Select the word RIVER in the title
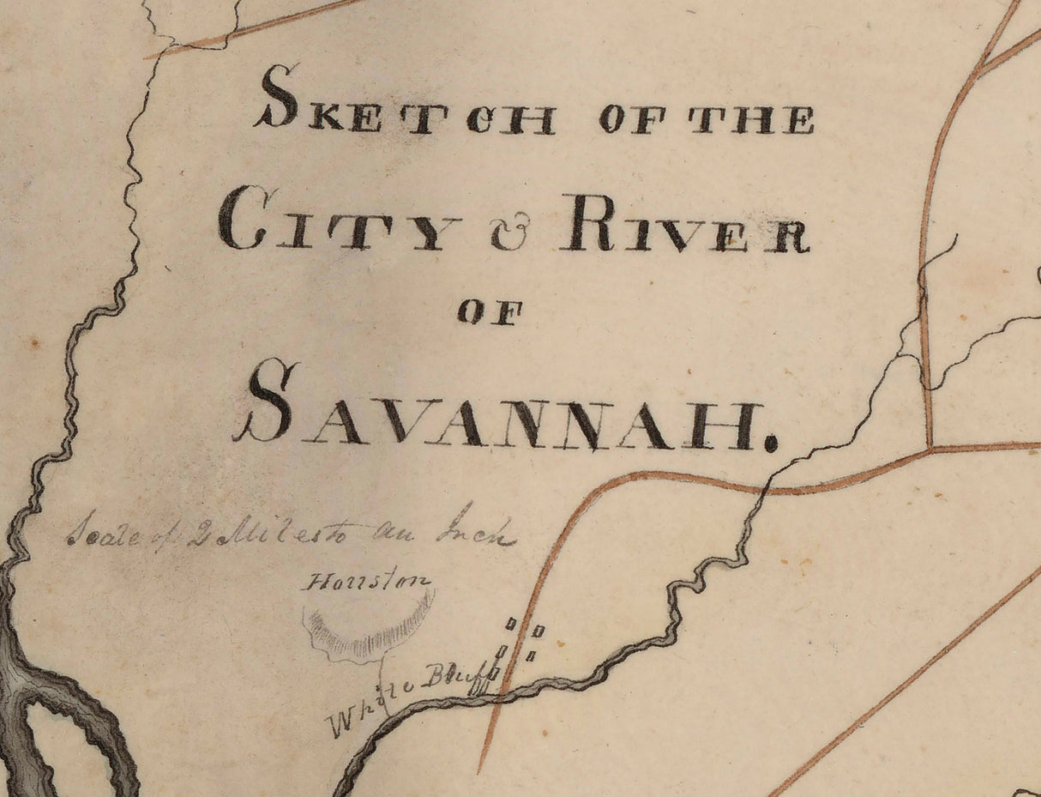pos(685,225)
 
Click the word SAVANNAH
pos(505,410)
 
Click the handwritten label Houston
pos(366,583)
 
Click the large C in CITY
pos(242,219)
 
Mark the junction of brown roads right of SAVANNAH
pos(931,447)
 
